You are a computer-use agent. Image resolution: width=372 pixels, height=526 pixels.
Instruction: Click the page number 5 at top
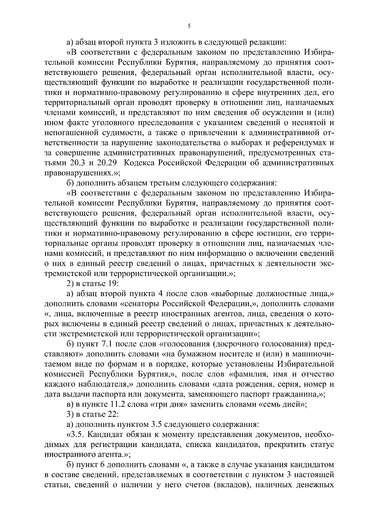click(189, 26)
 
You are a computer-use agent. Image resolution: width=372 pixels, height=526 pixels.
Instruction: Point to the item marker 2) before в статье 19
click(71, 283)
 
